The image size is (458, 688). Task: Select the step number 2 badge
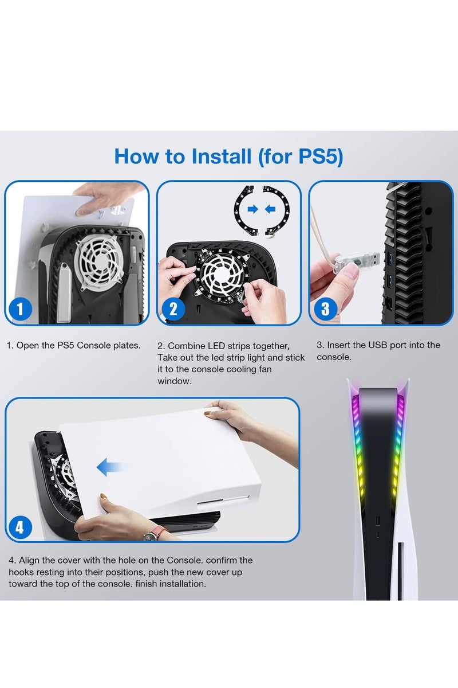coord(173,310)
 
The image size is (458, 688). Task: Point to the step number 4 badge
coord(21,526)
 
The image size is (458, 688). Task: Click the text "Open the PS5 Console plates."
coord(78,346)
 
